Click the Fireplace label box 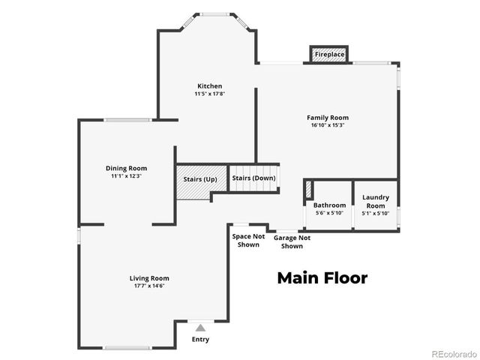pyautogui.click(x=329, y=55)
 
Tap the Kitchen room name pyautogui.click(x=209, y=86)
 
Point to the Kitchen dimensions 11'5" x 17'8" pyautogui.click(x=209, y=94)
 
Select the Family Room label pyautogui.click(x=328, y=118)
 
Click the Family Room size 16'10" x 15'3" pyautogui.click(x=328, y=126)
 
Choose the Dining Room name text pyautogui.click(x=126, y=168)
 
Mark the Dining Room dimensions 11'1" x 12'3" pyautogui.click(x=126, y=176)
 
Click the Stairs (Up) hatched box pyautogui.click(x=199, y=180)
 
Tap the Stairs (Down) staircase pyautogui.click(x=253, y=178)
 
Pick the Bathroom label pyautogui.click(x=329, y=205)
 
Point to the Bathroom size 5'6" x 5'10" pyautogui.click(x=329, y=213)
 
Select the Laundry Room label pyautogui.click(x=375, y=202)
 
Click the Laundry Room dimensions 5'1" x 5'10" pyautogui.click(x=375, y=213)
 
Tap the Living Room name pyautogui.click(x=149, y=278)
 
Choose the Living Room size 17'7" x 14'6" pyautogui.click(x=149, y=286)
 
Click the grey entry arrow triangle pyautogui.click(x=200, y=327)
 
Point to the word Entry pyautogui.click(x=200, y=340)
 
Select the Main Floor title pyautogui.click(x=322, y=278)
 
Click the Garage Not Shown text pyautogui.click(x=292, y=241)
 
